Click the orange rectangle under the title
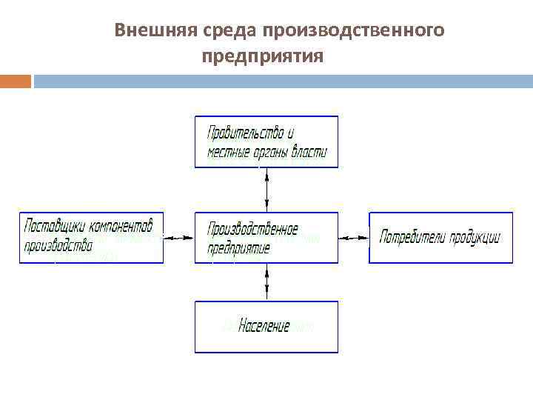[15, 81]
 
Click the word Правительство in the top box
[245, 133]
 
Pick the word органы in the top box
[269, 153]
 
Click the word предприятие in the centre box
[238, 247]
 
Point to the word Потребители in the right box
[409, 238]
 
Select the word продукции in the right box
[472, 238]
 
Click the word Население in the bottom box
[264, 326]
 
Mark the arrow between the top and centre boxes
[266, 190]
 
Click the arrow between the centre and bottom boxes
[266, 281]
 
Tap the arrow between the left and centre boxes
[178, 238]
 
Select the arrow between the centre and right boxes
[354, 238]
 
